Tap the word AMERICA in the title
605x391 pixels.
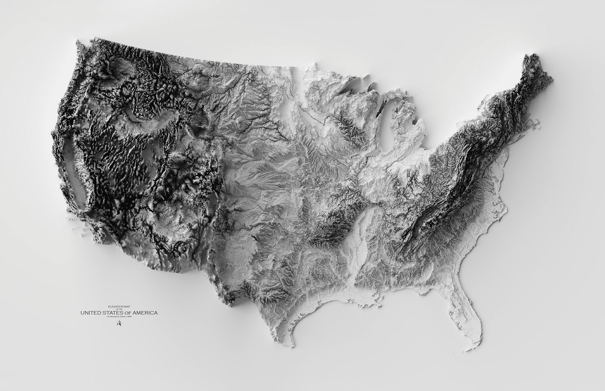[x=143, y=313]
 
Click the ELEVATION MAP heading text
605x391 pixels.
[x=119, y=306]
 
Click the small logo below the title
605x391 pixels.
[x=119, y=324]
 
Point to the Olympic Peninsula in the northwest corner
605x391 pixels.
[x=82, y=48]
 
